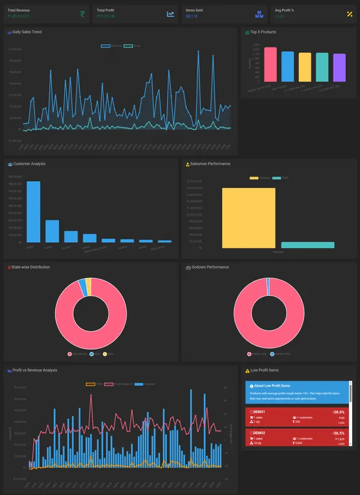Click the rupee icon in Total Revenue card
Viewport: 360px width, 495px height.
click(82, 14)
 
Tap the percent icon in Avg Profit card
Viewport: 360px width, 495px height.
click(350, 14)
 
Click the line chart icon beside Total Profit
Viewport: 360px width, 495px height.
click(171, 14)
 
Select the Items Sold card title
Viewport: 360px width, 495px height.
click(194, 11)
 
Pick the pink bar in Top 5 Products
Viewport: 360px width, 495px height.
click(271, 64)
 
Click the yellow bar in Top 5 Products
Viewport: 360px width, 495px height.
click(305, 67)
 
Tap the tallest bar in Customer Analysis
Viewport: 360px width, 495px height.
click(34, 211)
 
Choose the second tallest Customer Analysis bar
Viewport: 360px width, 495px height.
click(52, 231)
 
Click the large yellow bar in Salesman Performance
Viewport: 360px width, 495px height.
click(248, 217)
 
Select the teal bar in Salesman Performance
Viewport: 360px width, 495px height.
click(308, 245)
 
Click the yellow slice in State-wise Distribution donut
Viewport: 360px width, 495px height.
click(89, 282)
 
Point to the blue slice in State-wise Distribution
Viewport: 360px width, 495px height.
click(83, 283)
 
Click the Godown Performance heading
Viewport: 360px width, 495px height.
click(210, 267)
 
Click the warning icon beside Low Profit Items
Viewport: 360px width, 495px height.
click(247, 370)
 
